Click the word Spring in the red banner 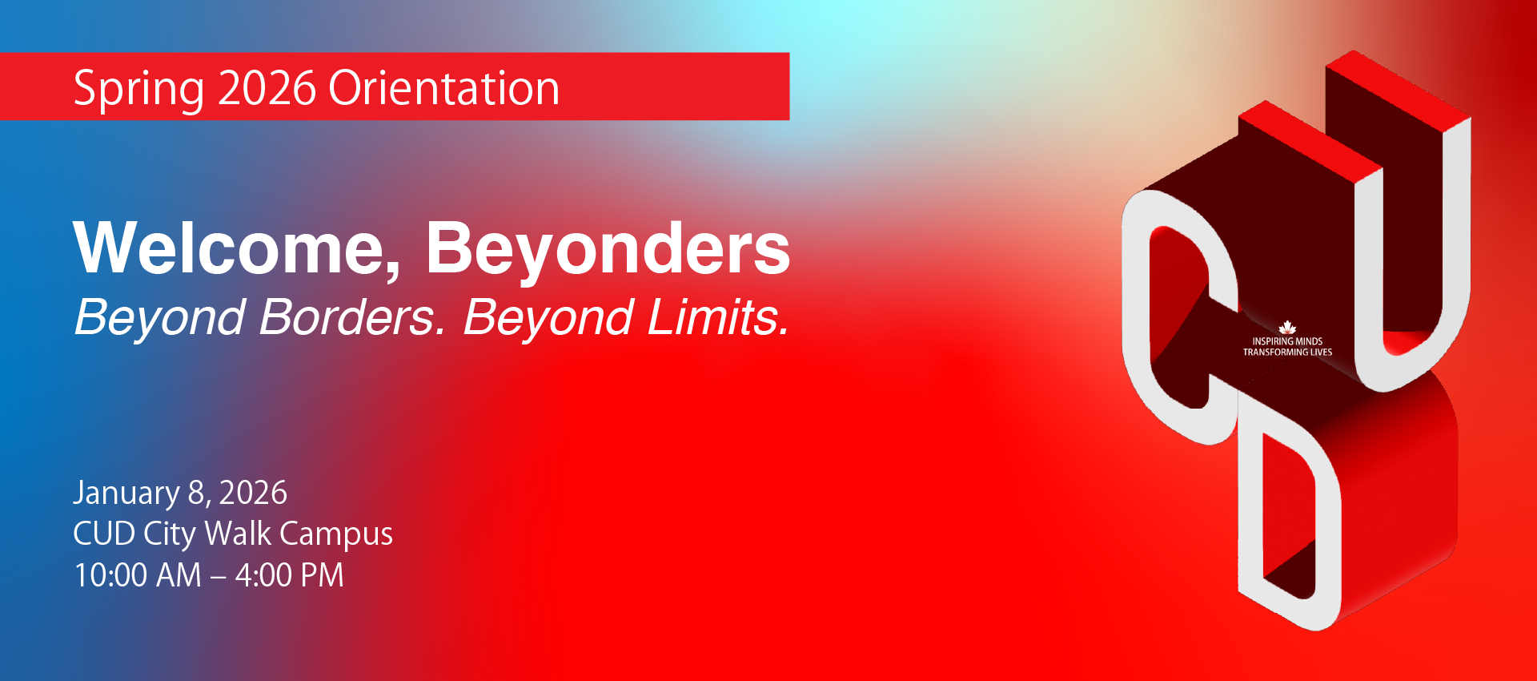(x=138, y=90)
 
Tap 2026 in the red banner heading (x=267, y=87)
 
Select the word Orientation (x=444, y=87)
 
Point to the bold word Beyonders (x=608, y=250)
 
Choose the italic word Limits (x=718, y=317)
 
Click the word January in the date (x=126, y=494)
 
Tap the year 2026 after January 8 (x=253, y=493)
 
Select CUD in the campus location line (x=104, y=534)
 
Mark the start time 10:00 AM (x=138, y=575)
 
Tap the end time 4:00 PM (x=289, y=575)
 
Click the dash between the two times (x=219, y=578)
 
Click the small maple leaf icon (x=1287, y=328)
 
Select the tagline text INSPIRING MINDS (x=1287, y=341)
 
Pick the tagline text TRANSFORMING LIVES (x=1287, y=352)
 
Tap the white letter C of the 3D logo (x=1137, y=320)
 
